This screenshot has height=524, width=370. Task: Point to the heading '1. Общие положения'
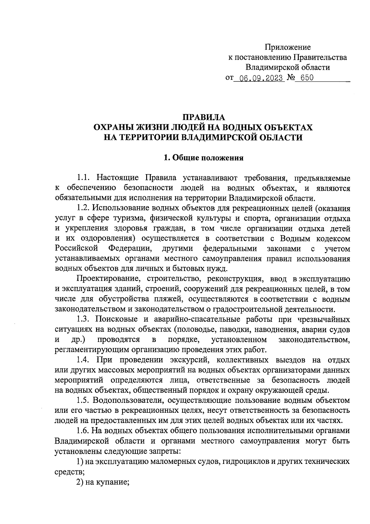point(203,158)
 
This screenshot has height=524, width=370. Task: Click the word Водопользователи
point(128,400)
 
